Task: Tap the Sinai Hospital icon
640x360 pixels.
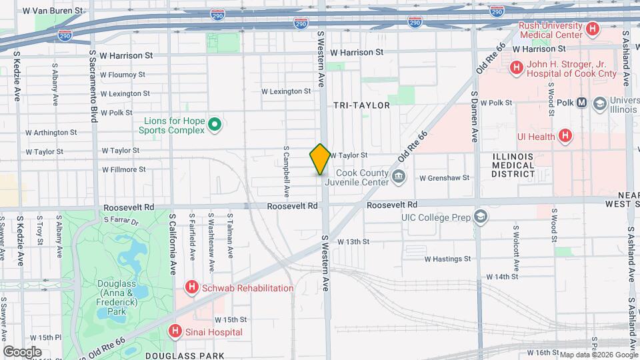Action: tap(175, 331)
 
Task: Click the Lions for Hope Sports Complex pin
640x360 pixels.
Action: tap(215, 125)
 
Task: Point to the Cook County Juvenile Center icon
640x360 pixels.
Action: tap(399, 177)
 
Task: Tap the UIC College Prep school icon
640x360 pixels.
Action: tap(481, 217)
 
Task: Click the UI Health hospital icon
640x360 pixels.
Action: tap(565, 137)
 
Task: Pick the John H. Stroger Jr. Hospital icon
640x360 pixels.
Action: tap(516, 68)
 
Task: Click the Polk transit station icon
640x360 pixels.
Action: tap(581, 103)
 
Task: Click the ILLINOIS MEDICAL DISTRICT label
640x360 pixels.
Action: tap(513, 165)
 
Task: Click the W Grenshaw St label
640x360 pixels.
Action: tap(445, 178)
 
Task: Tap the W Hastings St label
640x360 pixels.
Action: tap(447, 258)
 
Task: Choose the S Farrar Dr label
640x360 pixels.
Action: tap(121, 219)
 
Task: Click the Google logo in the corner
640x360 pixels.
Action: tap(22, 351)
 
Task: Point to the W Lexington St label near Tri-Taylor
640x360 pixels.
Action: tap(285, 91)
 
